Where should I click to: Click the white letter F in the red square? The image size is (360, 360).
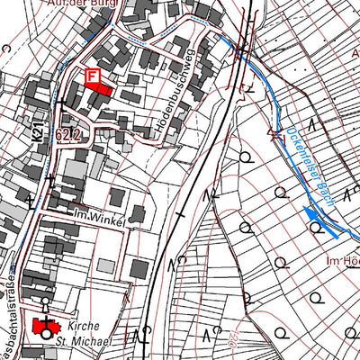[x=91, y=77]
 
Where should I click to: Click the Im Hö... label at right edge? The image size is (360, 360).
[x=343, y=260]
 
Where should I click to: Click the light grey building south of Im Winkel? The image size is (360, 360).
[x=105, y=266]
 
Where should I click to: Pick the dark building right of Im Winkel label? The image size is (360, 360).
[x=137, y=214]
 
